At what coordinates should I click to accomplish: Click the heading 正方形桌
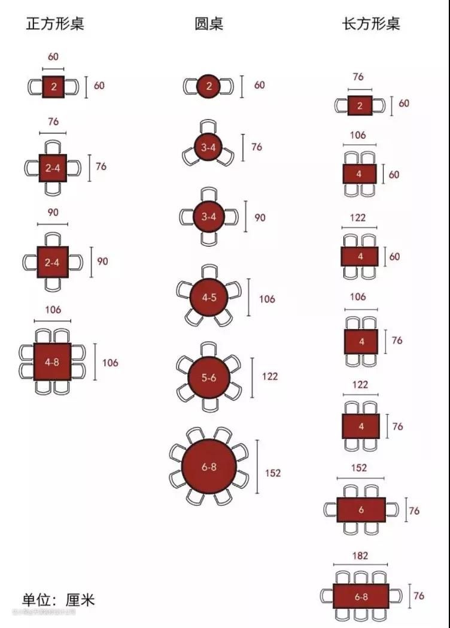(55, 24)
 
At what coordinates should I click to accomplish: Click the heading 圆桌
(209, 24)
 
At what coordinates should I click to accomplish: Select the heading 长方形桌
(370, 24)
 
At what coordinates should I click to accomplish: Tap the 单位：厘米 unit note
(58, 599)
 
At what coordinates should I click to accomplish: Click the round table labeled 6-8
(209, 467)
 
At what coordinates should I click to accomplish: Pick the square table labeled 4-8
(53, 362)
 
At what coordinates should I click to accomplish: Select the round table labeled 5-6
(209, 377)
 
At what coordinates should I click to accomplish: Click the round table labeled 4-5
(209, 297)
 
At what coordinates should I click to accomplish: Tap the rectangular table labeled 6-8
(361, 596)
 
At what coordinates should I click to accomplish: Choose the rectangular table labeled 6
(361, 510)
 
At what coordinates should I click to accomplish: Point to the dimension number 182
(360, 556)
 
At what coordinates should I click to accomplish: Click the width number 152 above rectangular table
(360, 468)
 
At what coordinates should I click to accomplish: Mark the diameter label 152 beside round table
(272, 473)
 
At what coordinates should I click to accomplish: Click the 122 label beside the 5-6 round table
(270, 377)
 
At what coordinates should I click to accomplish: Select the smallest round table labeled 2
(209, 86)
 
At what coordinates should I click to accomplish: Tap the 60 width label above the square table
(53, 57)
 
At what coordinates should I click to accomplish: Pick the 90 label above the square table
(53, 213)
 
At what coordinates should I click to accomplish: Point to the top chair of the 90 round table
(209, 195)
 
